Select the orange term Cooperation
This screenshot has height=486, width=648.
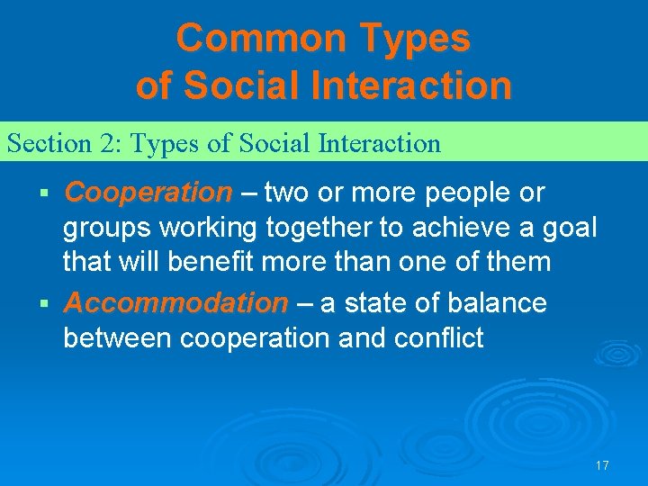[x=148, y=193]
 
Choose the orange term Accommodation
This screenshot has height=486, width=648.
[x=176, y=303]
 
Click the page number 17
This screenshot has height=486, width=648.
[x=602, y=465]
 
